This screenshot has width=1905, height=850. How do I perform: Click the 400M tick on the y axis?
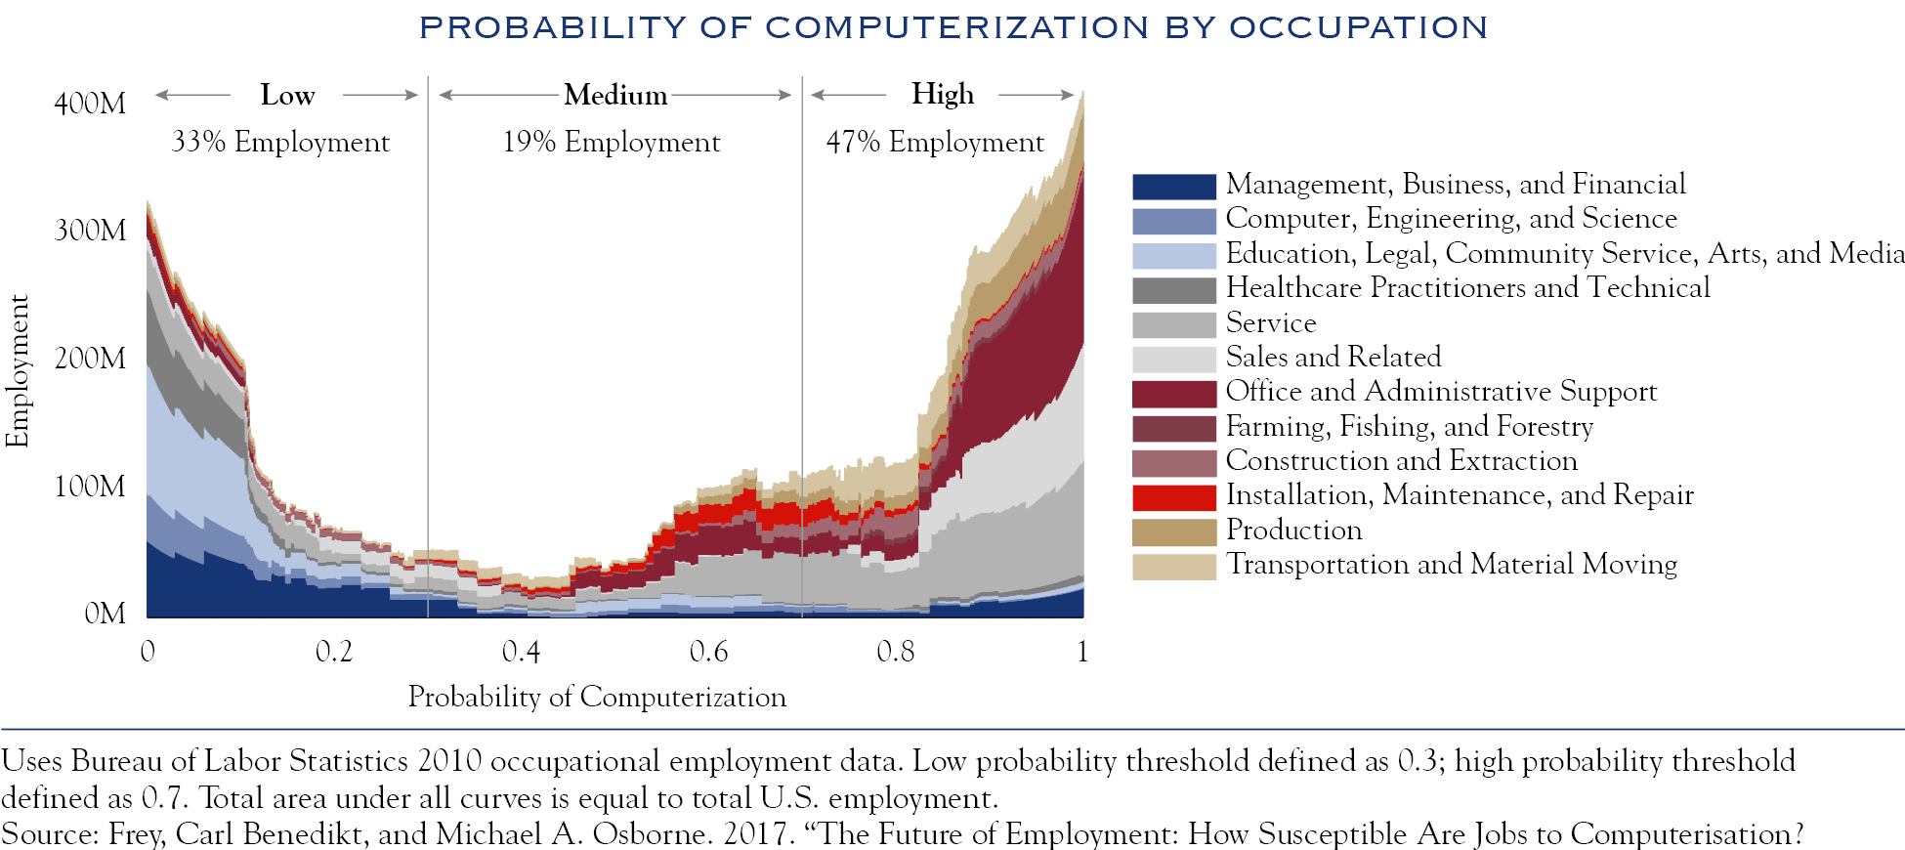pos(90,104)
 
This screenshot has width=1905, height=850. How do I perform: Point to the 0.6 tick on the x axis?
pos(708,652)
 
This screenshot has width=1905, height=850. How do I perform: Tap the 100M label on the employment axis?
pos(90,487)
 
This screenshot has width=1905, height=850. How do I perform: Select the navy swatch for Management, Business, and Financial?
pos(1173,186)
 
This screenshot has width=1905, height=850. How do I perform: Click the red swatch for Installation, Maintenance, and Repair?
pos(1173,497)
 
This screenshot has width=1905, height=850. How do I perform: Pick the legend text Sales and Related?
pos(1333,357)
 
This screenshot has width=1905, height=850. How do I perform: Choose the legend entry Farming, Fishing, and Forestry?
pos(1409,427)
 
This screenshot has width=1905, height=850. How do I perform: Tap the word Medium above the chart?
pos(615,96)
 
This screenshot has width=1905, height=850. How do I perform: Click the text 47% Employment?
pos(935,143)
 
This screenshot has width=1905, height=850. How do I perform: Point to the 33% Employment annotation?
pos(280,143)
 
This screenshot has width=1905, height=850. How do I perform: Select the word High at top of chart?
pos(942,95)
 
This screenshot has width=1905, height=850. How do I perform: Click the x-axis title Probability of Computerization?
pos(597,697)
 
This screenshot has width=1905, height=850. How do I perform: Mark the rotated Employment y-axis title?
pos(18,371)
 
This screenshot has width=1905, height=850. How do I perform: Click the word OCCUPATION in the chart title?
pos(1358,27)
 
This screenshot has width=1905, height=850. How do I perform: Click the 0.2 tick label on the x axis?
pos(334,652)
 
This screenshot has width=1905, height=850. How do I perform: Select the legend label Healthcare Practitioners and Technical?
pos(1467,288)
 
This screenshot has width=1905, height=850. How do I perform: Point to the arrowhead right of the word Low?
pos(413,95)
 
